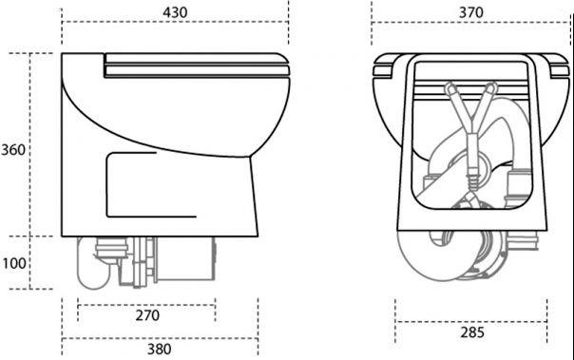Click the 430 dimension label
(x=175, y=12)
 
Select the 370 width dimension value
(x=471, y=12)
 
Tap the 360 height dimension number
(x=13, y=150)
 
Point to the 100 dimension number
(x=14, y=263)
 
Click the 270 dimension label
(x=147, y=315)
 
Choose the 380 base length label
(x=160, y=349)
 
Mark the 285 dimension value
(x=472, y=332)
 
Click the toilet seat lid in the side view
(x=197, y=66)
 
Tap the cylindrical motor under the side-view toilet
(x=185, y=259)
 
